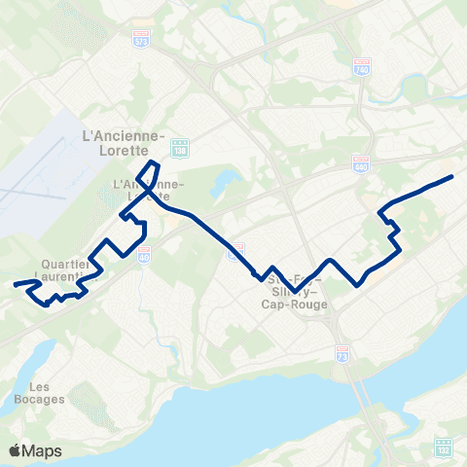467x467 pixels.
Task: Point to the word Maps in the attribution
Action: coord(44,450)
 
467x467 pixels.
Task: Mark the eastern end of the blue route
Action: coord(452,176)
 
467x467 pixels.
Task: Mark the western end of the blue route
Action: coord(15,285)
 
